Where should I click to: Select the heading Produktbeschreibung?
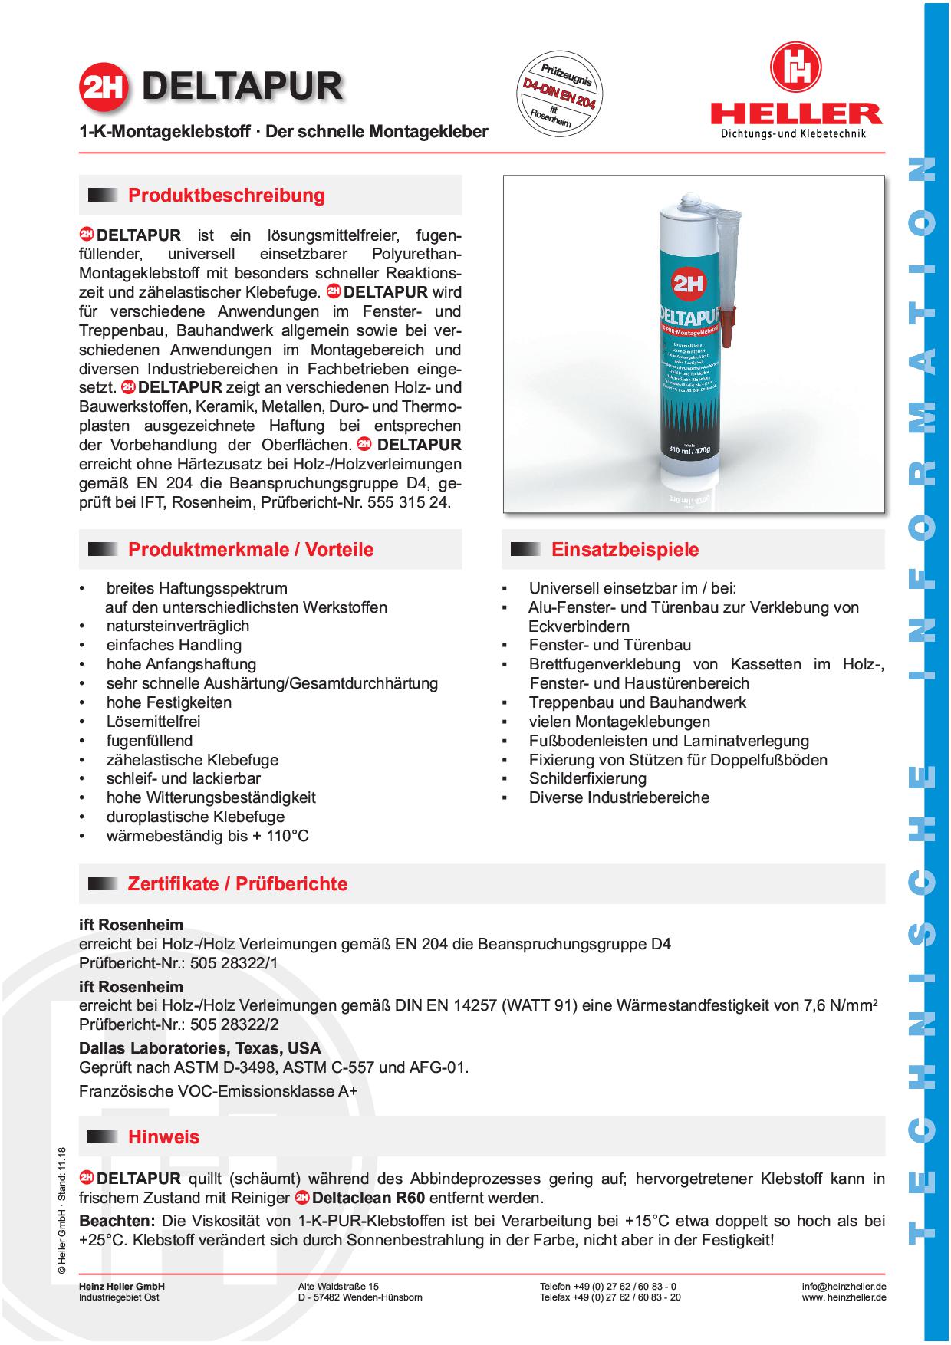coord(226,196)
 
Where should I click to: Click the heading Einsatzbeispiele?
coord(625,550)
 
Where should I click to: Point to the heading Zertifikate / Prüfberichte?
coord(237,884)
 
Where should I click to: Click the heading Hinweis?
coord(163,1136)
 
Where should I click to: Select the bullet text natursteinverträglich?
coord(177,626)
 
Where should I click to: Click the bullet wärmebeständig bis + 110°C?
coord(207,836)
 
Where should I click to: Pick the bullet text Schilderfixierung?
coord(587,778)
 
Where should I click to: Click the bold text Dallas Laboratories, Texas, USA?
coord(200,1048)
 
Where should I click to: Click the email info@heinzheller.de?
coord(844,1286)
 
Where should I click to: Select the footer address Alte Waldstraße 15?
coord(338,1286)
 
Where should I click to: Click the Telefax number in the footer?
coord(610,1297)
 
